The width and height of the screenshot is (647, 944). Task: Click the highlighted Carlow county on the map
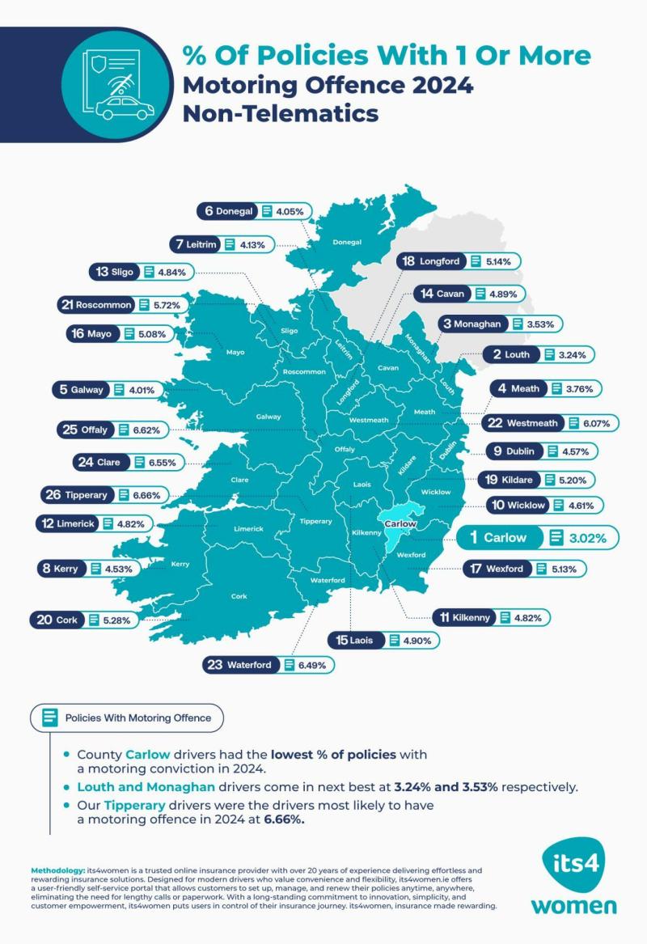398,518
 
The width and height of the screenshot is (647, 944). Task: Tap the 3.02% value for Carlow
591,537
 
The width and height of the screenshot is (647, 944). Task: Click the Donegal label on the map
348,241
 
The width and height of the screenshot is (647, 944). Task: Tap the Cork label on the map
239,596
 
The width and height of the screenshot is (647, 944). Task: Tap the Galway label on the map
269,417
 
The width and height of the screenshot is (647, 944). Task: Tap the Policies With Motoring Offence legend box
127,718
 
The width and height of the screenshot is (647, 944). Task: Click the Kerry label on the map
180,564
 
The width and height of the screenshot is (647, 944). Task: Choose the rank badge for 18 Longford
432,261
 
